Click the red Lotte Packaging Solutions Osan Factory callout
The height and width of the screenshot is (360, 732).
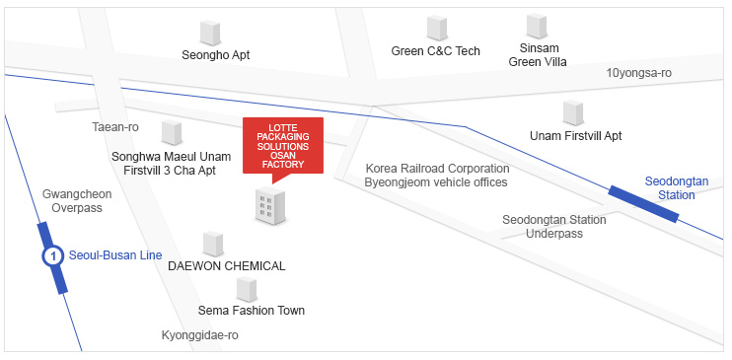[283, 146]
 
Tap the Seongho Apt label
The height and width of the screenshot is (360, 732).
[216, 55]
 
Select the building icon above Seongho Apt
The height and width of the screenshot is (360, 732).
[210, 32]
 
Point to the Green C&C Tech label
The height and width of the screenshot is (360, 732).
[435, 51]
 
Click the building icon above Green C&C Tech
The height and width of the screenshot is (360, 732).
[436, 28]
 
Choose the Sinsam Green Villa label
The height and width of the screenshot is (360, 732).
[538, 54]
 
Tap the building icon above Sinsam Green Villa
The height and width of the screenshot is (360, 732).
[537, 26]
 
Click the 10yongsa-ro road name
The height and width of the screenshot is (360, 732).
[638, 73]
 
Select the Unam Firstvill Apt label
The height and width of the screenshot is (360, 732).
[575, 135]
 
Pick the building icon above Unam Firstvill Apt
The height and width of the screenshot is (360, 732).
[573, 112]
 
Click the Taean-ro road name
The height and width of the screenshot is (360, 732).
[115, 127]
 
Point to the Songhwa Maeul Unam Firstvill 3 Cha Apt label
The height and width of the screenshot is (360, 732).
[178, 163]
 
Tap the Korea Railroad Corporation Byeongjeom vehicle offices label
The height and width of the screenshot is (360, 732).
[436, 176]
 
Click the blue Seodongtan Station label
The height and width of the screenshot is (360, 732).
[670, 188]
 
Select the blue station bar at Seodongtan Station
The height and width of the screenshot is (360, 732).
[643, 203]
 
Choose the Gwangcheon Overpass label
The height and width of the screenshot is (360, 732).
[77, 201]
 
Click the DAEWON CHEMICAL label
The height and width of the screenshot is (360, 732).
[227, 266]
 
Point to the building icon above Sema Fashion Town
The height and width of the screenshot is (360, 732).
[247, 289]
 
